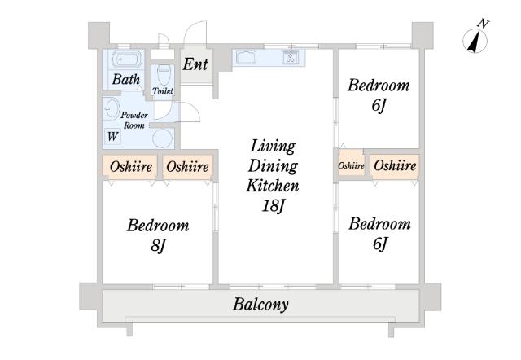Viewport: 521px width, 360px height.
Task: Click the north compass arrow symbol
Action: pyautogui.click(x=475, y=41)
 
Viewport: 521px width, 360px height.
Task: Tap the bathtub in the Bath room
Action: pyautogui.click(x=127, y=59)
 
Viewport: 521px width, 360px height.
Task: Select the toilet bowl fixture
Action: pyautogui.click(x=164, y=75)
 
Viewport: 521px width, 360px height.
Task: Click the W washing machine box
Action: pyautogui.click(x=112, y=136)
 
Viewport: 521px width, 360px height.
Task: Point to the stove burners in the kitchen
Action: pyautogui.click(x=290, y=57)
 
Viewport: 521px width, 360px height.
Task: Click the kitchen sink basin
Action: pyautogui.click(x=246, y=58)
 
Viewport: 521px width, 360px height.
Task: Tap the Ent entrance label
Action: pyautogui.click(x=195, y=64)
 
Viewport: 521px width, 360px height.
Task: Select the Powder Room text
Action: pyautogui.click(x=134, y=121)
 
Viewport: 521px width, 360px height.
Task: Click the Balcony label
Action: pyautogui.click(x=260, y=305)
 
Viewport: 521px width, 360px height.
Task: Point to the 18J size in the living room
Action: pyautogui.click(x=274, y=206)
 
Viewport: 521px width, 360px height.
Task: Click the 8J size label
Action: pyautogui.click(x=158, y=246)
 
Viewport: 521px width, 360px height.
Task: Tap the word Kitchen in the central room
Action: pyautogui.click(x=273, y=186)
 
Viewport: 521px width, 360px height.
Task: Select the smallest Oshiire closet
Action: pyautogui.click(x=351, y=165)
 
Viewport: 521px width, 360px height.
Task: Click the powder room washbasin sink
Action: pyautogui.click(x=112, y=108)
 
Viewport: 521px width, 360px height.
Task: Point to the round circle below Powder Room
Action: pyautogui.click(x=163, y=138)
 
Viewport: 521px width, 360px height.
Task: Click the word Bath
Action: pyautogui.click(x=126, y=79)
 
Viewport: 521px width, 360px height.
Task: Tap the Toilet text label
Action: pyautogui.click(x=163, y=90)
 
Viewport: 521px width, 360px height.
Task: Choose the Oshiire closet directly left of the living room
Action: pyautogui.click(x=188, y=167)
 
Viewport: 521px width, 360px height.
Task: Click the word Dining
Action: pyautogui.click(x=273, y=166)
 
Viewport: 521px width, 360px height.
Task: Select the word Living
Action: pyautogui.click(x=273, y=147)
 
